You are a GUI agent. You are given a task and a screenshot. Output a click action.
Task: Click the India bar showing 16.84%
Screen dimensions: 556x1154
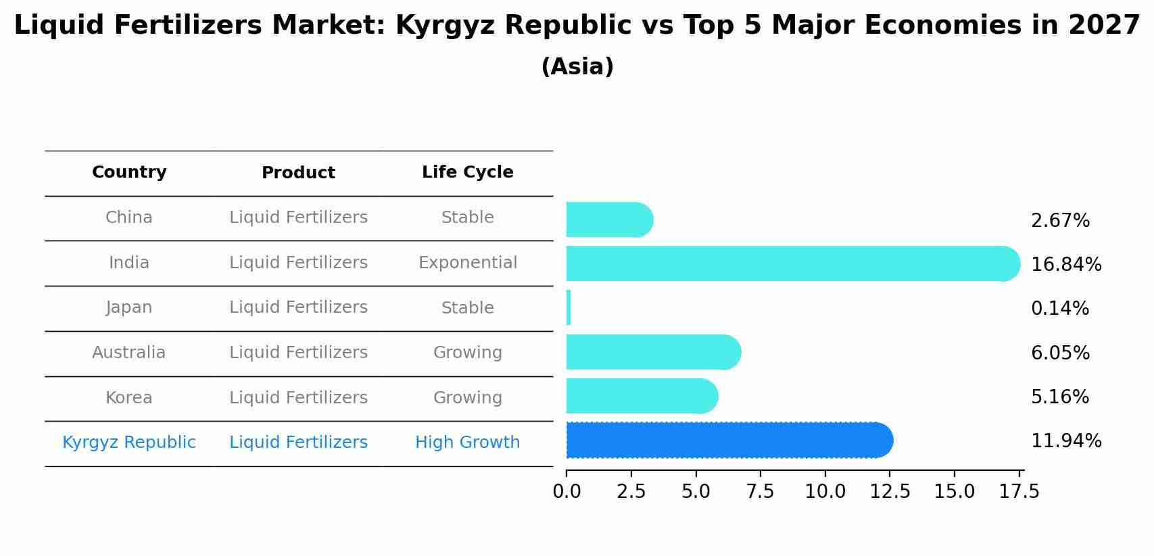791,263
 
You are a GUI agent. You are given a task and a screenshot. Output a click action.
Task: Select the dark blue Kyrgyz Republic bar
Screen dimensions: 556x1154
729,440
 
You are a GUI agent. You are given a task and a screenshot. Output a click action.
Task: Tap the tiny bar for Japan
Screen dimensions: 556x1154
569,308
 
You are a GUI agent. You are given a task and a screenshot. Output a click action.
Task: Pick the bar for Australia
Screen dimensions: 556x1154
652,352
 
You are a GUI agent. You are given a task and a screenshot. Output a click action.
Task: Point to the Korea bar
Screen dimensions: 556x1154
641,396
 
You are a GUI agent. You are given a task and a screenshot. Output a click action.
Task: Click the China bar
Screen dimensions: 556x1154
608,220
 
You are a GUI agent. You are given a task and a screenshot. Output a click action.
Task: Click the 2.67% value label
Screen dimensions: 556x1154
1059,221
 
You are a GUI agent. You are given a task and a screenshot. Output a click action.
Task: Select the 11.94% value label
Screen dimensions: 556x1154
1065,441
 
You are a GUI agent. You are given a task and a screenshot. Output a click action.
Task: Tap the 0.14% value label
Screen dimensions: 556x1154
1059,309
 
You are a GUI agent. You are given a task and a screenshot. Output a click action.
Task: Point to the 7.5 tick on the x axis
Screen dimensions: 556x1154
760,492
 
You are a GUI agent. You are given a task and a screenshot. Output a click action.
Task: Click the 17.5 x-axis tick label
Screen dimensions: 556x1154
1019,492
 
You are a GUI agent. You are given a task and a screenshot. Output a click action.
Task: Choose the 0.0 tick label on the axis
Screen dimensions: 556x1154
567,492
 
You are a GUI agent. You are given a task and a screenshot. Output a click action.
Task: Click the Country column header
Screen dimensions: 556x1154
129,172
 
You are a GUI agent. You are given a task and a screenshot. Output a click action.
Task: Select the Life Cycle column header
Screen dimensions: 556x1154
467,172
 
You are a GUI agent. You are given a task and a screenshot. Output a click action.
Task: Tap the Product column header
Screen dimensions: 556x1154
298,173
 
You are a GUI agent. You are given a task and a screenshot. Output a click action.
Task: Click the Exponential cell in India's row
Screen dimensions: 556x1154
467,263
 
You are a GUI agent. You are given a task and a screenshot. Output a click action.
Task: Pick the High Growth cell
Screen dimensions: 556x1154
467,443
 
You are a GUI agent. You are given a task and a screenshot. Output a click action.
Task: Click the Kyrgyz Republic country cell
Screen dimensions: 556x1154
129,443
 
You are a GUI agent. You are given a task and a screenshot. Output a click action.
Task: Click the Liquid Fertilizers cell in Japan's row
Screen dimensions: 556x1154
298,307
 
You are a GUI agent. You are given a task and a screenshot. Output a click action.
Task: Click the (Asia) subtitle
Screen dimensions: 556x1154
577,67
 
